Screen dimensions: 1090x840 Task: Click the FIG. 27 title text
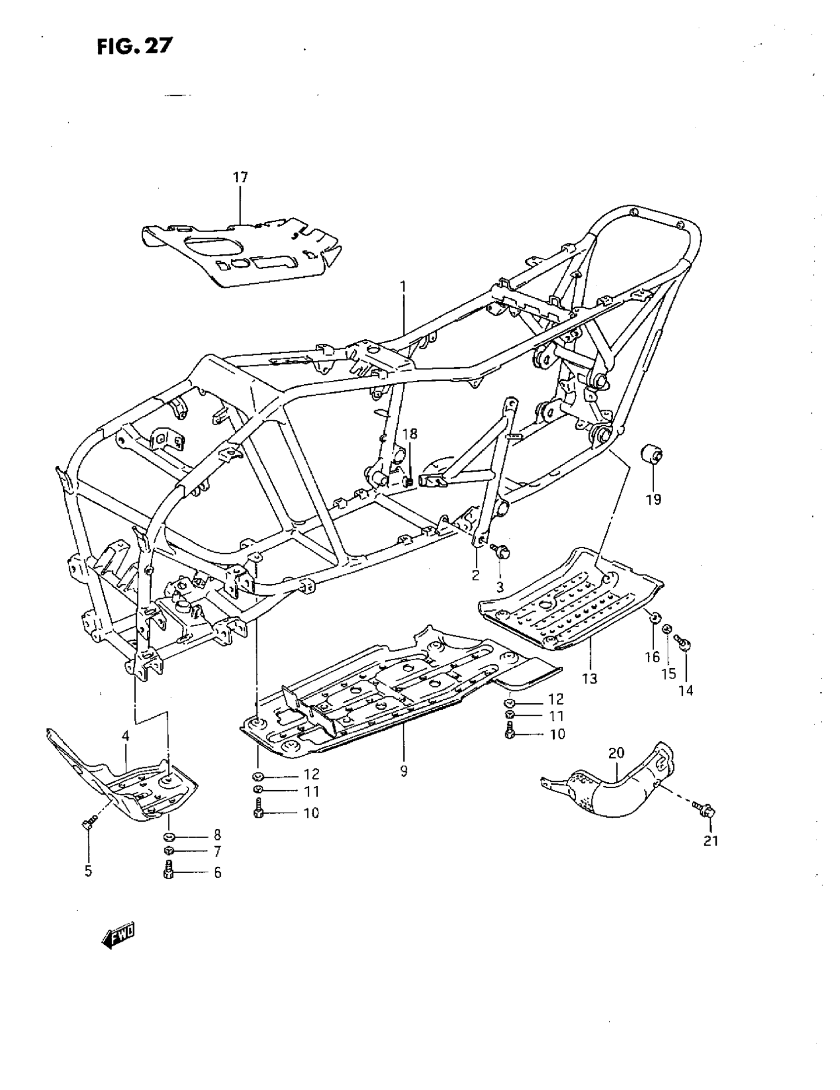pyautogui.click(x=134, y=46)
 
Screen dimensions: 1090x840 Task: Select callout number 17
pyautogui.click(x=240, y=177)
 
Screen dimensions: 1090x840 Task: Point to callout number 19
pyautogui.click(x=653, y=499)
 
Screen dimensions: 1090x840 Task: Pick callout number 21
pyautogui.click(x=710, y=841)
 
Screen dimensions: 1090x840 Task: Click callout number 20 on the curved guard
pyautogui.click(x=616, y=753)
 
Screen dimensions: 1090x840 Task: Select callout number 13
pyautogui.click(x=589, y=679)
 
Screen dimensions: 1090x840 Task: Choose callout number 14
pyautogui.click(x=686, y=690)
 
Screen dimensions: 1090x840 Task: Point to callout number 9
pyautogui.click(x=404, y=771)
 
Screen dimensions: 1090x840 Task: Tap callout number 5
pyautogui.click(x=88, y=871)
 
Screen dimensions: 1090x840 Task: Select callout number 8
pyautogui.click(x=217, y=835)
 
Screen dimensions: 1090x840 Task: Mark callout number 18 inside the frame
pyautogui.click(x=410, y=434)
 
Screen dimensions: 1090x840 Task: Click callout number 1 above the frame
pyautogui.click(x=403, y=287)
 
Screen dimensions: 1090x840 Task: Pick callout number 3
pyautogui.click(x=500, y=587)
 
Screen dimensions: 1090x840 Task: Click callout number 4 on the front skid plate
pyautogui.click(x=125, y=736)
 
